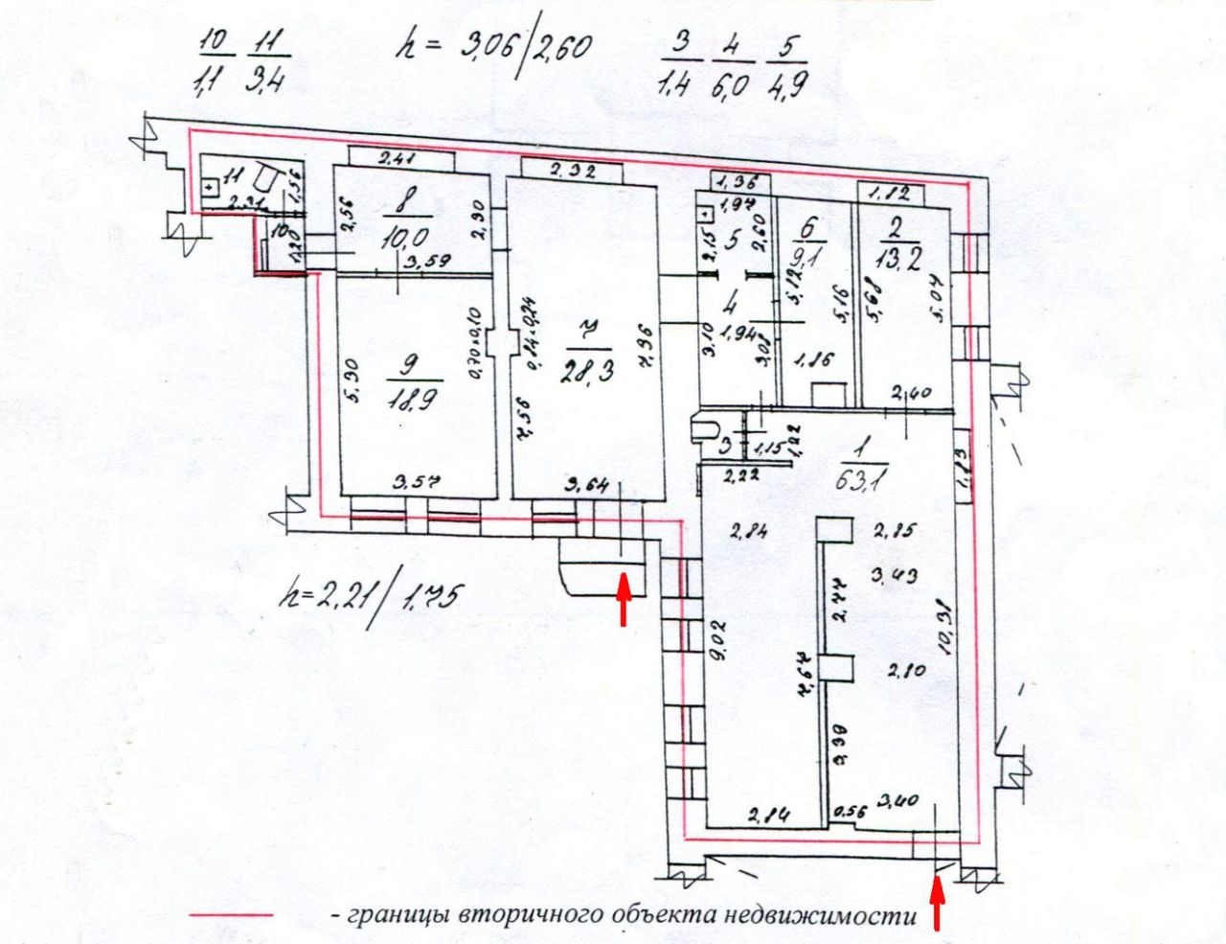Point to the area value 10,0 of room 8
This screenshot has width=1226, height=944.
tap(406, 235)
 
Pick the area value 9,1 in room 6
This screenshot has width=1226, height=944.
tap(810, 259)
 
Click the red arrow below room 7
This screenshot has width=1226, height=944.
tap(624, 597)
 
